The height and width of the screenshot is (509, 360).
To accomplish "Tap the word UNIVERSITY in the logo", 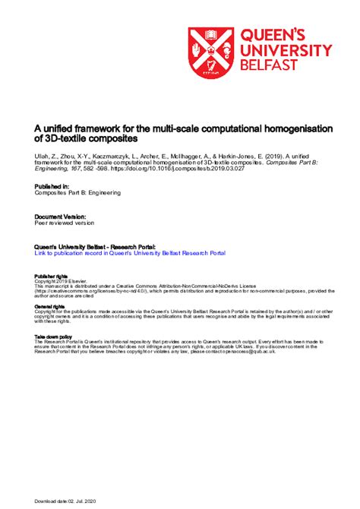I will tap(286, 50).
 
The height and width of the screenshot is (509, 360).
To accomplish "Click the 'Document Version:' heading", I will tap(60, 217).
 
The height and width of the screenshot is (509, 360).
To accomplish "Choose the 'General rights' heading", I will tap(49, 306).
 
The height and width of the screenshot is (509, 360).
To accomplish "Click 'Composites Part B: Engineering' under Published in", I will tap(80, 193).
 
